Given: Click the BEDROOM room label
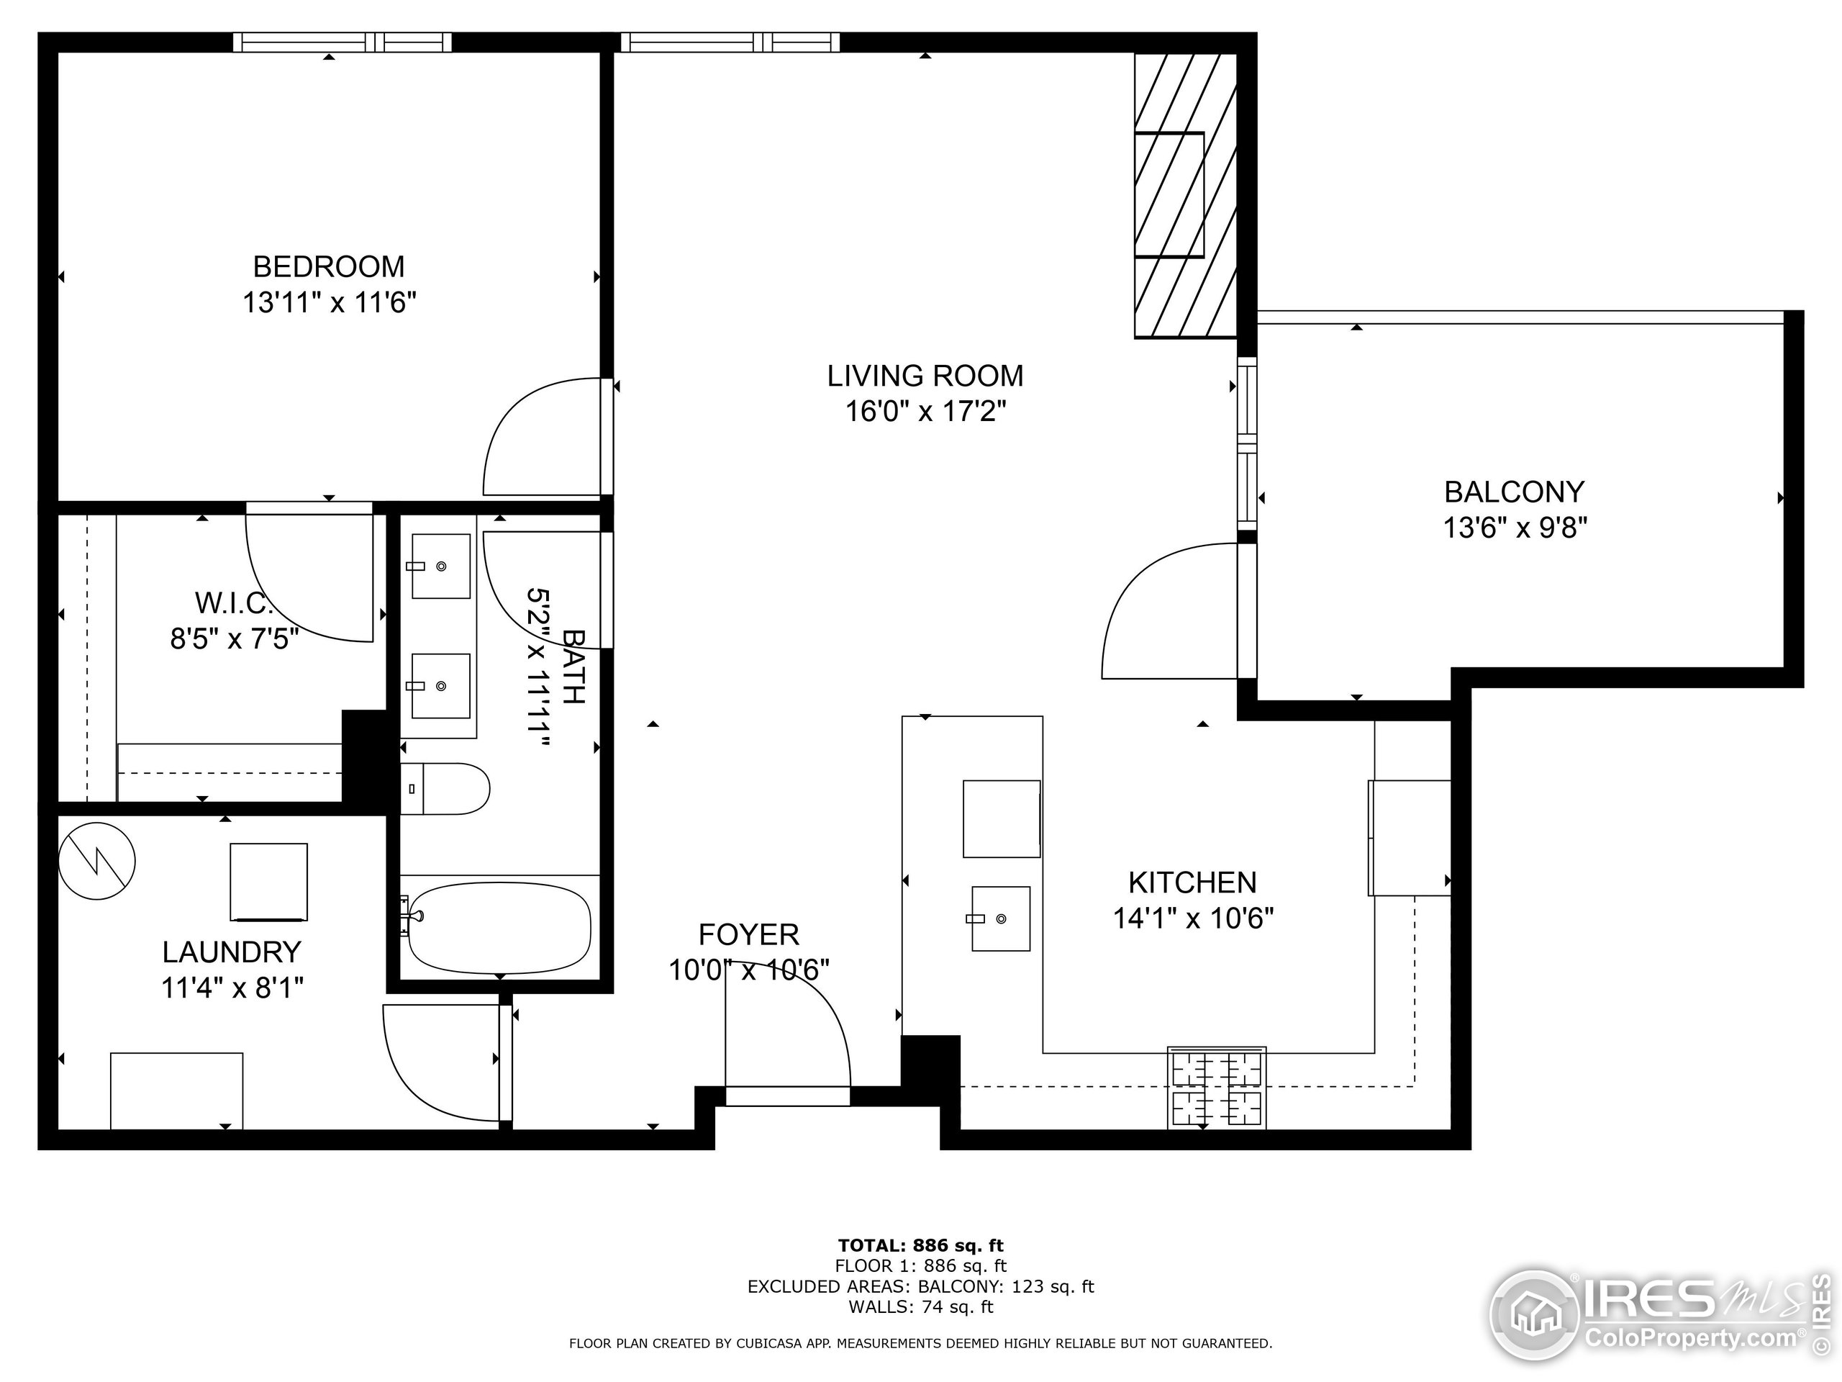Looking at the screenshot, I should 329,266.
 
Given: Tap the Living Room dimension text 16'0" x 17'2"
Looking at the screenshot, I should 926,412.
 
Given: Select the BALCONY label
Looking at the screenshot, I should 1514,492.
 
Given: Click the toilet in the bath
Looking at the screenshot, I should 445,788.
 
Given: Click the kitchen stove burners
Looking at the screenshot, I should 1217,1089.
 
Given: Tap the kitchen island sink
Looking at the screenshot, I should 1000,918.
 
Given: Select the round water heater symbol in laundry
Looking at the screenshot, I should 97,861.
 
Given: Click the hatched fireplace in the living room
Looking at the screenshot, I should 1184,196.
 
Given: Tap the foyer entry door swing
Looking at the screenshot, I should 791,1029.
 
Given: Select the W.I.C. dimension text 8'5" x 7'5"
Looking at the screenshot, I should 234,639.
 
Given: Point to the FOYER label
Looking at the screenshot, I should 748,935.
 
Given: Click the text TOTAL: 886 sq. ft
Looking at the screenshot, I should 920,1245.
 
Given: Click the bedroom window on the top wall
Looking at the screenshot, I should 342,42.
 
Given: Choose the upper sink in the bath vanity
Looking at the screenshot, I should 440,566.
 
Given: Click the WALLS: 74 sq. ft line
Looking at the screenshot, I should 920,1307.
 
